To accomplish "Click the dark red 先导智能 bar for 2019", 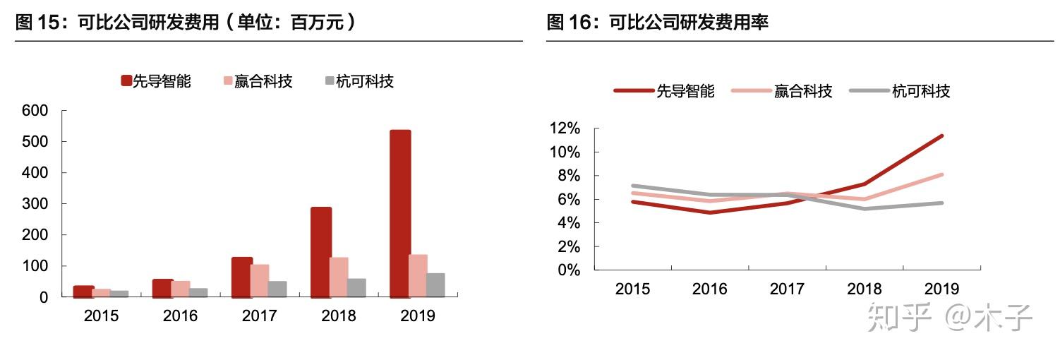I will (x=399, y=213).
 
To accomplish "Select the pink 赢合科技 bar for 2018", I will (x=339, y=277).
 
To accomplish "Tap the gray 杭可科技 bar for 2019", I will (x=435, y=284).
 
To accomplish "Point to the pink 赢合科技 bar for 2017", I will (x=260, y=280).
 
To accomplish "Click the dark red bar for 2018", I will (x=320, y=251).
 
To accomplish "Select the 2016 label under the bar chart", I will (x=181, y=316).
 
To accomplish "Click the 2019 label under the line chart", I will (x=941, y=289).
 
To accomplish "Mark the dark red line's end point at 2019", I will (x=941, y=136).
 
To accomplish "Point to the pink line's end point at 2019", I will (x=941, y=174).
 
